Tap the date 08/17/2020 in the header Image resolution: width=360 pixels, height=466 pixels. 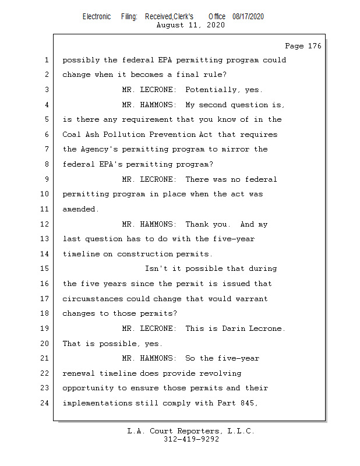click(248, 17)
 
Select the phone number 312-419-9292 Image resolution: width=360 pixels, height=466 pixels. click(191, 440)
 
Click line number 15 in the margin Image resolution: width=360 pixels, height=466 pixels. click(46, 269)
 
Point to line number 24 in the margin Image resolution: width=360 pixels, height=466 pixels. click(46, 403)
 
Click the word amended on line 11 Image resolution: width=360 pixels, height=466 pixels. click(80, 209)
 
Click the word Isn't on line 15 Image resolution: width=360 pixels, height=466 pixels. click(157, 269)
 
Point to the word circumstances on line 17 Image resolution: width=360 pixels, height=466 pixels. click(93, 299)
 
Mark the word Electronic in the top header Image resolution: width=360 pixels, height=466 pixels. click(97, 17)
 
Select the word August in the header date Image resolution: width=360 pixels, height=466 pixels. click(171, 26)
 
